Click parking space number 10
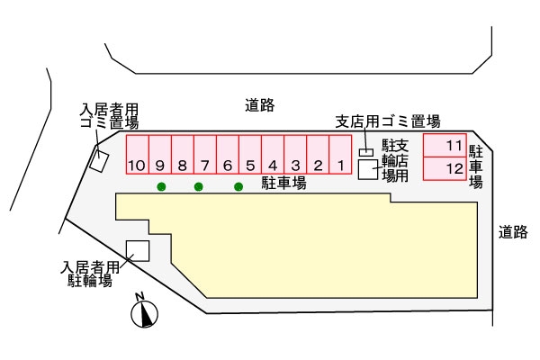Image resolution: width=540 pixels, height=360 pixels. tap(137, 154)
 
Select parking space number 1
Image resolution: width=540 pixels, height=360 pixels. tap(341, 154)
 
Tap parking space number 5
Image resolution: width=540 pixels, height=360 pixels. tap(250, 154)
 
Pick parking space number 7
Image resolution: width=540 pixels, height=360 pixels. tap(205, 154)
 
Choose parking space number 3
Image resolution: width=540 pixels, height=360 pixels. tap(295, 154)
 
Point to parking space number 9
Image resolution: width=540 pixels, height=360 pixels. tap(159, 154)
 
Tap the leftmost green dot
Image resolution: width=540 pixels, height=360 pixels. tap(161, 187)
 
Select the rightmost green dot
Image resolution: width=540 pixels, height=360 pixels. tap(238, 187)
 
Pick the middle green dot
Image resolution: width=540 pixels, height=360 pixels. tap(199, 187)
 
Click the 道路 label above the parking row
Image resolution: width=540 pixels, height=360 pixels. tap(259, 105)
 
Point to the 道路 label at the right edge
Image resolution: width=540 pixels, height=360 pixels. tap(512, 232)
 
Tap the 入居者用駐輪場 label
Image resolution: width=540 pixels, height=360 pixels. tap(90, 274)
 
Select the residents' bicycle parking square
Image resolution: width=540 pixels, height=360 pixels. tap(138, 251)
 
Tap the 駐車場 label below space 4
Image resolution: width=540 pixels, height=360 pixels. tap(283, 183)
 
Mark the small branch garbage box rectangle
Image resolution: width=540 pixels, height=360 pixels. tap(365, 152)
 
